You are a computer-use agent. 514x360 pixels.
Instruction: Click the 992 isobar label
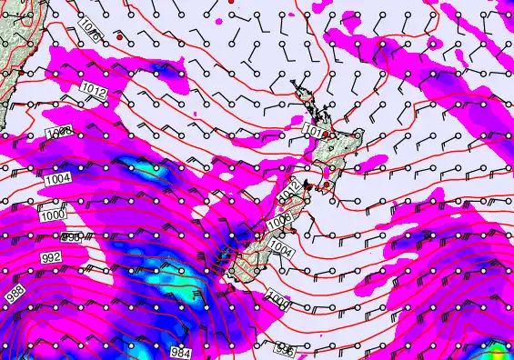pyautogui.click(x=52, y=259)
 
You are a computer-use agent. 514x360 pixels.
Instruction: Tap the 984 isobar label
pyautogui.click(x=181, y=352)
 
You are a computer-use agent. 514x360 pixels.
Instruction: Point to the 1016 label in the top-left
pyautogui.click(x=89, y=30)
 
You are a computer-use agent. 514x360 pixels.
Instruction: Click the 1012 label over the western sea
pyautogui.click(x=93, y=89)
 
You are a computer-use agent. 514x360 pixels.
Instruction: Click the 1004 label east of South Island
pyautogui.click(x=283, y=247)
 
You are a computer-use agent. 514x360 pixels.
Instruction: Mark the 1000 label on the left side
pyautogui.click(x=52, y=215)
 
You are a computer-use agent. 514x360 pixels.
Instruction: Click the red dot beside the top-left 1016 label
pyautogui.click(x=118, y=37)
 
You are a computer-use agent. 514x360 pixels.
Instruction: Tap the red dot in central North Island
pyautogui.click(x=326, y=135)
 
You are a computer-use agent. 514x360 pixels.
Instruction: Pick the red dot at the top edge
pyautogui.click(x=231, y=3)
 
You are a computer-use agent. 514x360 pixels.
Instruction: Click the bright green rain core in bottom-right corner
pyautogui.click(x=498, y=351)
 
